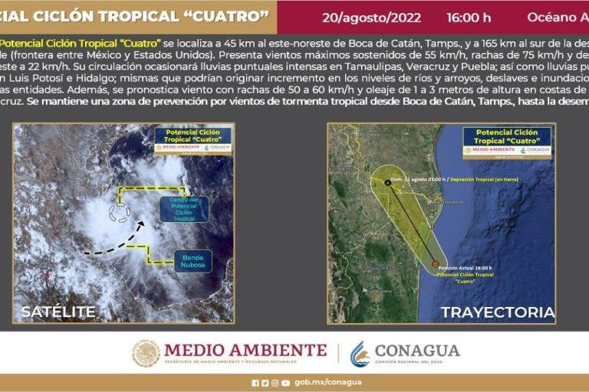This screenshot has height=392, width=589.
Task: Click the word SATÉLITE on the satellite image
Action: tap(58, 312)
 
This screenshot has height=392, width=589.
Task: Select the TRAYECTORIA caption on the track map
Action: tap(497, 312)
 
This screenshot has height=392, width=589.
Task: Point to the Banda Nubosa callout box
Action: tap(192, 260)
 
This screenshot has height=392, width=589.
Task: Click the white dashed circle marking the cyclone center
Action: tap(120, 208)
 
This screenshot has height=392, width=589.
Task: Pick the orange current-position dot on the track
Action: tap(435, 264)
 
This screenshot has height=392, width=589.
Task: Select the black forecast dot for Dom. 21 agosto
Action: tap(387, 182)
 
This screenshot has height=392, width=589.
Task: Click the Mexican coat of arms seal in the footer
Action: tap(145, 354)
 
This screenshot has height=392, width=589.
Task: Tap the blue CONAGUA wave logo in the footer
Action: tap(359, 354)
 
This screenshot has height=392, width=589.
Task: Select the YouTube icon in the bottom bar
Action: tap(285, 382)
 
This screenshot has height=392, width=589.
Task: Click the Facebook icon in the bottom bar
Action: tap(255, 382)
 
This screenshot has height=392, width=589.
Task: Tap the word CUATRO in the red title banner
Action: tap(232, 16)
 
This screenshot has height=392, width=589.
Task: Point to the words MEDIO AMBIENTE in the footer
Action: tap(245, 350)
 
